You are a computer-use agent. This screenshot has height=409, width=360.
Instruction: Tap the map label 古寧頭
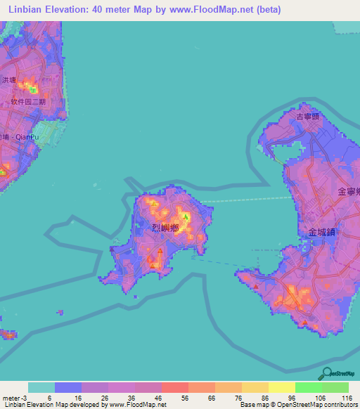click(x=308, y=117)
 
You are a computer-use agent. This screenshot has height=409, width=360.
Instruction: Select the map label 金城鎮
click(x=321, y=231)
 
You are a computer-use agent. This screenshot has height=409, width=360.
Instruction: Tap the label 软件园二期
click(x=27, y=101)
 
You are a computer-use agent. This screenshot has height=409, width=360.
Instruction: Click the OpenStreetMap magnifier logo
click(x=327, y=373)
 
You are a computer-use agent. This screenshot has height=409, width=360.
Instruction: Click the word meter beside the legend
click(x=9, y=397)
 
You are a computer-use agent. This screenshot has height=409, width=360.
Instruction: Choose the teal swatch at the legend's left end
click(x=41, y=387)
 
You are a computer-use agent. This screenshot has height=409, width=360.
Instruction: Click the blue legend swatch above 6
click(x=68, y=387)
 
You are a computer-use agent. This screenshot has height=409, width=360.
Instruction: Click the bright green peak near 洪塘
click(x=32, y=89)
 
